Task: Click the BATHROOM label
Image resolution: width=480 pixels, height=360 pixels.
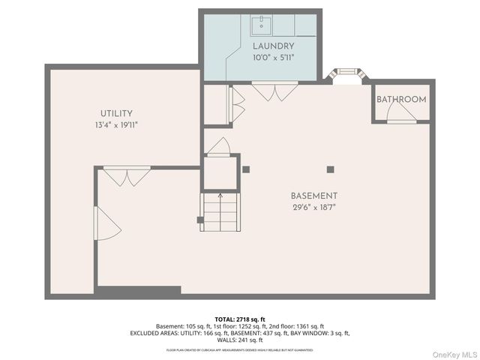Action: click(x=401, y=99)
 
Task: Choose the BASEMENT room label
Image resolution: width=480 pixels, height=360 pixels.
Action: click(x=314, y=196)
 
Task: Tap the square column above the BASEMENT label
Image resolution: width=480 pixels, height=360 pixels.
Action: click(x=328, y=169)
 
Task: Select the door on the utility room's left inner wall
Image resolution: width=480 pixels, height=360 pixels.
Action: click(x=105, y=223)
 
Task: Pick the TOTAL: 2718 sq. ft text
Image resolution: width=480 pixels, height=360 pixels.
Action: click(x=240, y=319)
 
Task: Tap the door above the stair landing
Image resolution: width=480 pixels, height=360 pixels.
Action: click(x=219, y=147)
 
